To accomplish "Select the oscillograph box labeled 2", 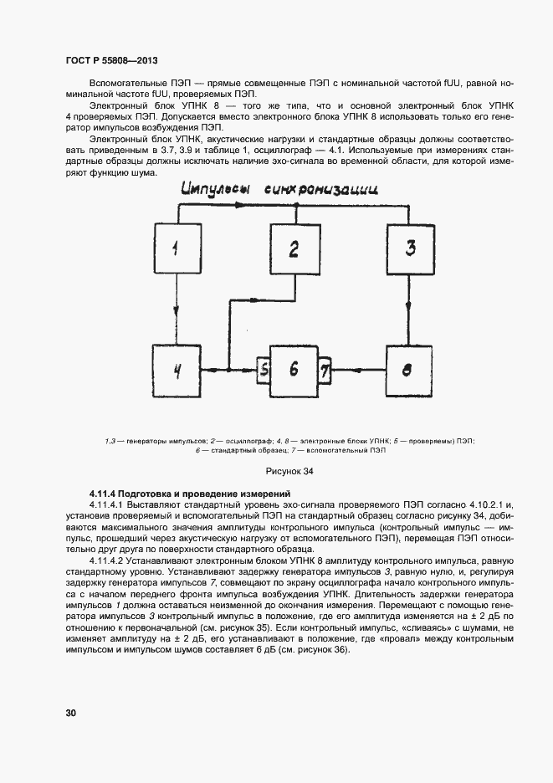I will coord(294,249).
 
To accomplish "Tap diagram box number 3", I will coord(410,249).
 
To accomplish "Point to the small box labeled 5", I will coord(263,368).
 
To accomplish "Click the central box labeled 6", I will coord(293,368).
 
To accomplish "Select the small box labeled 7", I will coord(325,368).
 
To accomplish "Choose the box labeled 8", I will coord(410,368).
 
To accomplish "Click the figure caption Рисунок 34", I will coord(289,472).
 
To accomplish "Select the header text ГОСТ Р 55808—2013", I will coord(112,60).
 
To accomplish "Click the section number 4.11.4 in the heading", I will coord(105,494).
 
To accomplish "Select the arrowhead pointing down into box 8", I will coord(410,338).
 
